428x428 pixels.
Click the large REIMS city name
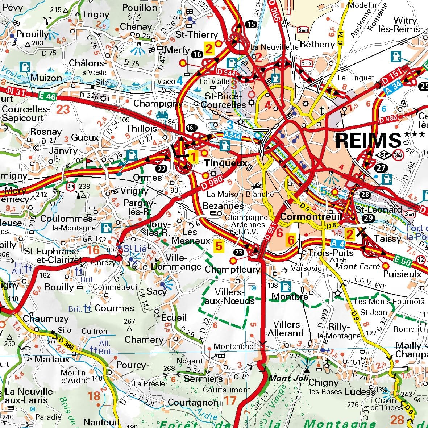point(368,140)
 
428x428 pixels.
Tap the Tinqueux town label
point(225,163)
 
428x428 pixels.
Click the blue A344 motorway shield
point(232,135)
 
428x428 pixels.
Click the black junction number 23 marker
point(238,252)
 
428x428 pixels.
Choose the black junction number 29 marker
point(368,218)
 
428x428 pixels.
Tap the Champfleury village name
point(232,270)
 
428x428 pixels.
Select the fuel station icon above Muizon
point(25,67)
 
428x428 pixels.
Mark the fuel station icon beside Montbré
point(286,286)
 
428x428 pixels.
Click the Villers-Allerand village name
point(288,329)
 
